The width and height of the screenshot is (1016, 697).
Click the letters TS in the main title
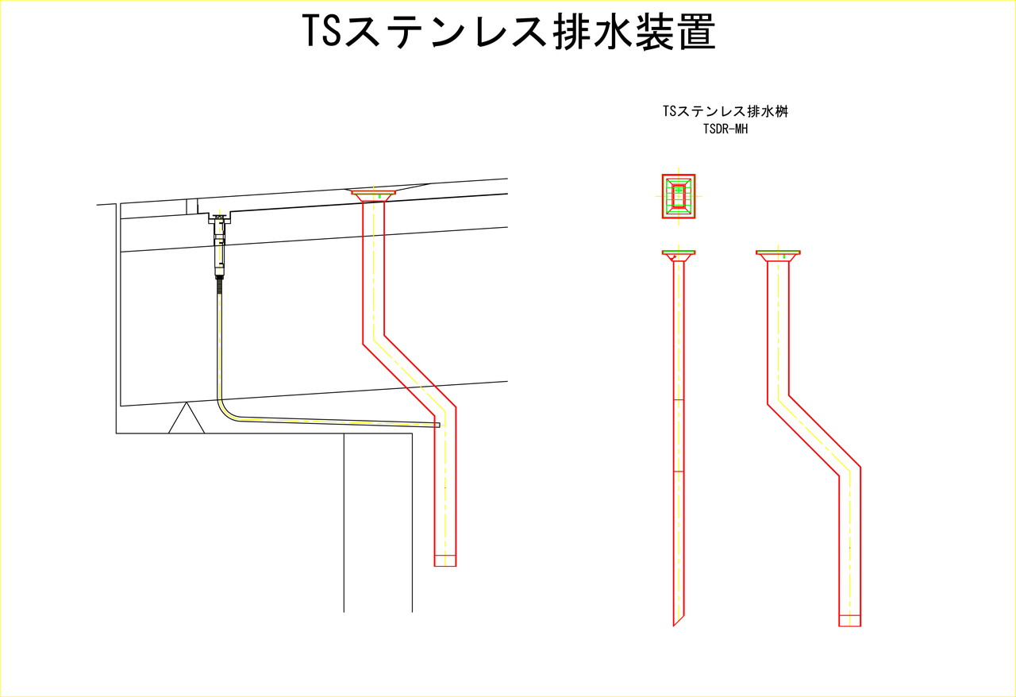click(x=321, y=30)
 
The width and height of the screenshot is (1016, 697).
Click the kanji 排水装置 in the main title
click(x=634, y=31)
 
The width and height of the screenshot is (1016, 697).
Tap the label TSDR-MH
click(x=725, y=129)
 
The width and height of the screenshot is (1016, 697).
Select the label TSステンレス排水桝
click(x=725, y=111)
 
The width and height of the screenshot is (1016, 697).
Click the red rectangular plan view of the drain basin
click(x=679, y=197)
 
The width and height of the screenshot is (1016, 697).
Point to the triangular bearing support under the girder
click(x=187, y=418)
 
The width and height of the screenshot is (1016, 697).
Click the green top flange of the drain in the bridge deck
click(x=373, y=192)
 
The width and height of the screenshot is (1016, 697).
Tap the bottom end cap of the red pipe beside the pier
click(x=445, y=560)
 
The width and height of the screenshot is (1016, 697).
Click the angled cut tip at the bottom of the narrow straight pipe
click(x=675, y=622)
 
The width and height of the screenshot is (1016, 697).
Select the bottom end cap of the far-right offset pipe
click(x=849, y=621)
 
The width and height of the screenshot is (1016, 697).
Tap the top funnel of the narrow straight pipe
click(x=679, y=256)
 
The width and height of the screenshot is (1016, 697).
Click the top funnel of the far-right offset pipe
click(x=778, y=256)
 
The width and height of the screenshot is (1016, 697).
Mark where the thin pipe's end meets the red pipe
click(x=437, y=426)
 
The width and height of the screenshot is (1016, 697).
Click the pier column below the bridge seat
click(x=378, y=522)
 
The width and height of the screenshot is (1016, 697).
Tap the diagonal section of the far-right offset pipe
click(x=814, y=436)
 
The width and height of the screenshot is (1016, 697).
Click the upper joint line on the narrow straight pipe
click(x=679, y=400)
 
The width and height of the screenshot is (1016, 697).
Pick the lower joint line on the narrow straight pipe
click(x=679, y=472)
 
